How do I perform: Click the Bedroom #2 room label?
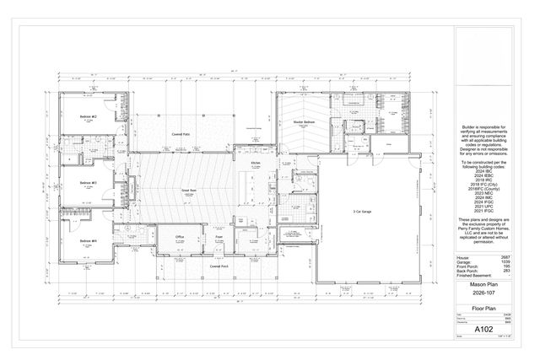tap(89, 116)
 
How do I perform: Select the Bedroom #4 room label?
tap(89, 241)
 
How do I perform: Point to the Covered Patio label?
tap(180, 133)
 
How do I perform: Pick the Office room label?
tap(180, 237)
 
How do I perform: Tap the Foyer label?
tap(218, 238)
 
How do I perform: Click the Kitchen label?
tap(256, 163)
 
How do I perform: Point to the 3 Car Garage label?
tap(363, 212)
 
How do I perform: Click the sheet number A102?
tap(484, 328)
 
